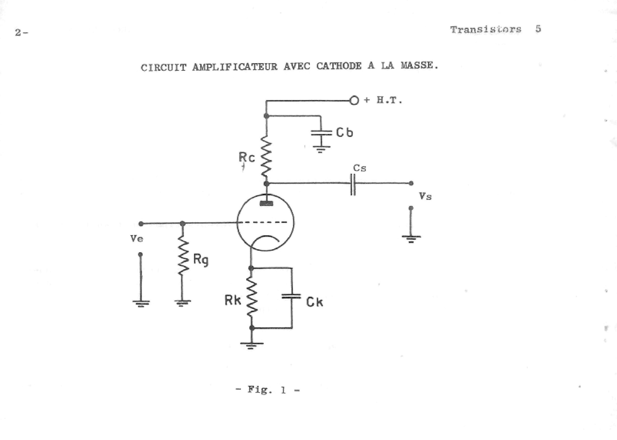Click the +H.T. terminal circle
click(354, 101)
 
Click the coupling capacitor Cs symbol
click(353, 184)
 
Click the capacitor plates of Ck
click(291, 296)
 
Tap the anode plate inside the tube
click(266, 204)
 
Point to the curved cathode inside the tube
click(266, 239)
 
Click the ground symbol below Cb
click(321, 148)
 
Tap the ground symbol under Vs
click(411, 238)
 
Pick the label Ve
click(137, 239)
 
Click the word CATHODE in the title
click(339, 66)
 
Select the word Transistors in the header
click(486, 29)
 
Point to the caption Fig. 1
click(268, 390)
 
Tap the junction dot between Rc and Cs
click(266, 184)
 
